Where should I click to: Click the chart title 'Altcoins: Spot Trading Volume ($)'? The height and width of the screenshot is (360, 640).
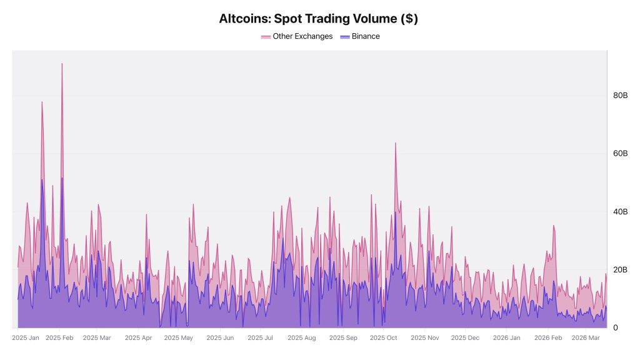pos(318,19)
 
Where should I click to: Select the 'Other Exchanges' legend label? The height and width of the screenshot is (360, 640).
pos(302,36)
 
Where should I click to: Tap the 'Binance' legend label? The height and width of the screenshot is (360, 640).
pos(366,36)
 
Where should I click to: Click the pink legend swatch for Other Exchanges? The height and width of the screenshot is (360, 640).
pos(266,37)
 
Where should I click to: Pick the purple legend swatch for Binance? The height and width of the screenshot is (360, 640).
pos(344,37)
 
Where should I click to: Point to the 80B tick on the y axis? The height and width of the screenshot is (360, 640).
pos(620,96)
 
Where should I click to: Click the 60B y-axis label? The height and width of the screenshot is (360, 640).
pos(620,154)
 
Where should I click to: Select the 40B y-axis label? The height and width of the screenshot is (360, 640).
pos(620,212)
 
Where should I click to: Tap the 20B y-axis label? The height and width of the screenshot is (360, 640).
pos(620,270)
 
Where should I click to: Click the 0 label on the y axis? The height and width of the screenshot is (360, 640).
pos(616,327)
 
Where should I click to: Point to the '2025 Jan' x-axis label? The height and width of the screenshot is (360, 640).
pos(26,338)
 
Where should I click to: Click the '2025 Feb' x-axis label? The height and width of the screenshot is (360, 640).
pos(60,338)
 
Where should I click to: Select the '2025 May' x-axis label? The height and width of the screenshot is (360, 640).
pos(179,338)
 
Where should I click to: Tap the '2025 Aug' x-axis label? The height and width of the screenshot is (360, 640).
pos(302,338)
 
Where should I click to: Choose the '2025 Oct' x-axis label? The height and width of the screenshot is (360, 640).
pos(384,338)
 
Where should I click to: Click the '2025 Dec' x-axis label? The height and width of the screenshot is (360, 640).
pos(465,338)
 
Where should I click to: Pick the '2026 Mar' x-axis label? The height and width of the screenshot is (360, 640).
pos(586,338)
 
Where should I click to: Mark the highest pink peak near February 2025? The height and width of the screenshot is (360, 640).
pos(62,64)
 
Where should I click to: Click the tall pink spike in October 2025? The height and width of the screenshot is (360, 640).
pos(395,143)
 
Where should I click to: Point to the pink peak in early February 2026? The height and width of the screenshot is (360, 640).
pos(553,226)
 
